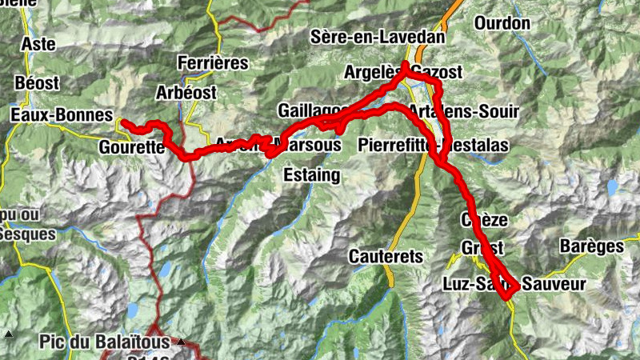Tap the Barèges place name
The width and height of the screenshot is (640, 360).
591,246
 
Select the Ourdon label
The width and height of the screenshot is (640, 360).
502,23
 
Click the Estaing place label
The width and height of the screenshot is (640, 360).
312,174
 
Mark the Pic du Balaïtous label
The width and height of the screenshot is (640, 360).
104,342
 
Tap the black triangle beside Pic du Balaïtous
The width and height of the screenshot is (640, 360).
181,342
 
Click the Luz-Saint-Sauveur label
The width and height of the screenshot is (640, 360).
514,284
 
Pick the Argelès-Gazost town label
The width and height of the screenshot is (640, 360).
403,72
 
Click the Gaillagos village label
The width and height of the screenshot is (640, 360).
314,110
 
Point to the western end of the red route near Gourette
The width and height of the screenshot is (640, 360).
122,122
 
